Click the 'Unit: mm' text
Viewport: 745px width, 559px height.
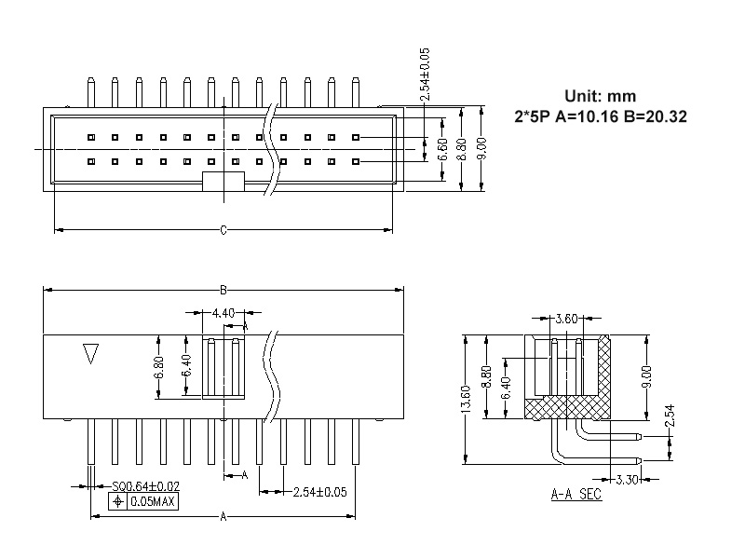coord(601,97)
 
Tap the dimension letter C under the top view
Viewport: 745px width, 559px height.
coord(223,230)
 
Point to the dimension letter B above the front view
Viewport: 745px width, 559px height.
coord(223,289)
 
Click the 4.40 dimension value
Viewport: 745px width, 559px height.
coord(223,312)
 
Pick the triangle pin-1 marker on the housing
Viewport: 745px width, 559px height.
coord(91,355)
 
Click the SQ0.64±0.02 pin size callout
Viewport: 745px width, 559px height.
coord(145,486)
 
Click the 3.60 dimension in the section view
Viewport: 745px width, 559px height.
coord(567,320)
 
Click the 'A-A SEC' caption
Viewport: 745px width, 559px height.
coord(576,495)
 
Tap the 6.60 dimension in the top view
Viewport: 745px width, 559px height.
coord(443,149)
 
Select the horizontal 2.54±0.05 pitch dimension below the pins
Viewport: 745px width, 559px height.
coord(319,492)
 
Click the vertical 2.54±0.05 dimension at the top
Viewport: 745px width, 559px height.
coord(425,74)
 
